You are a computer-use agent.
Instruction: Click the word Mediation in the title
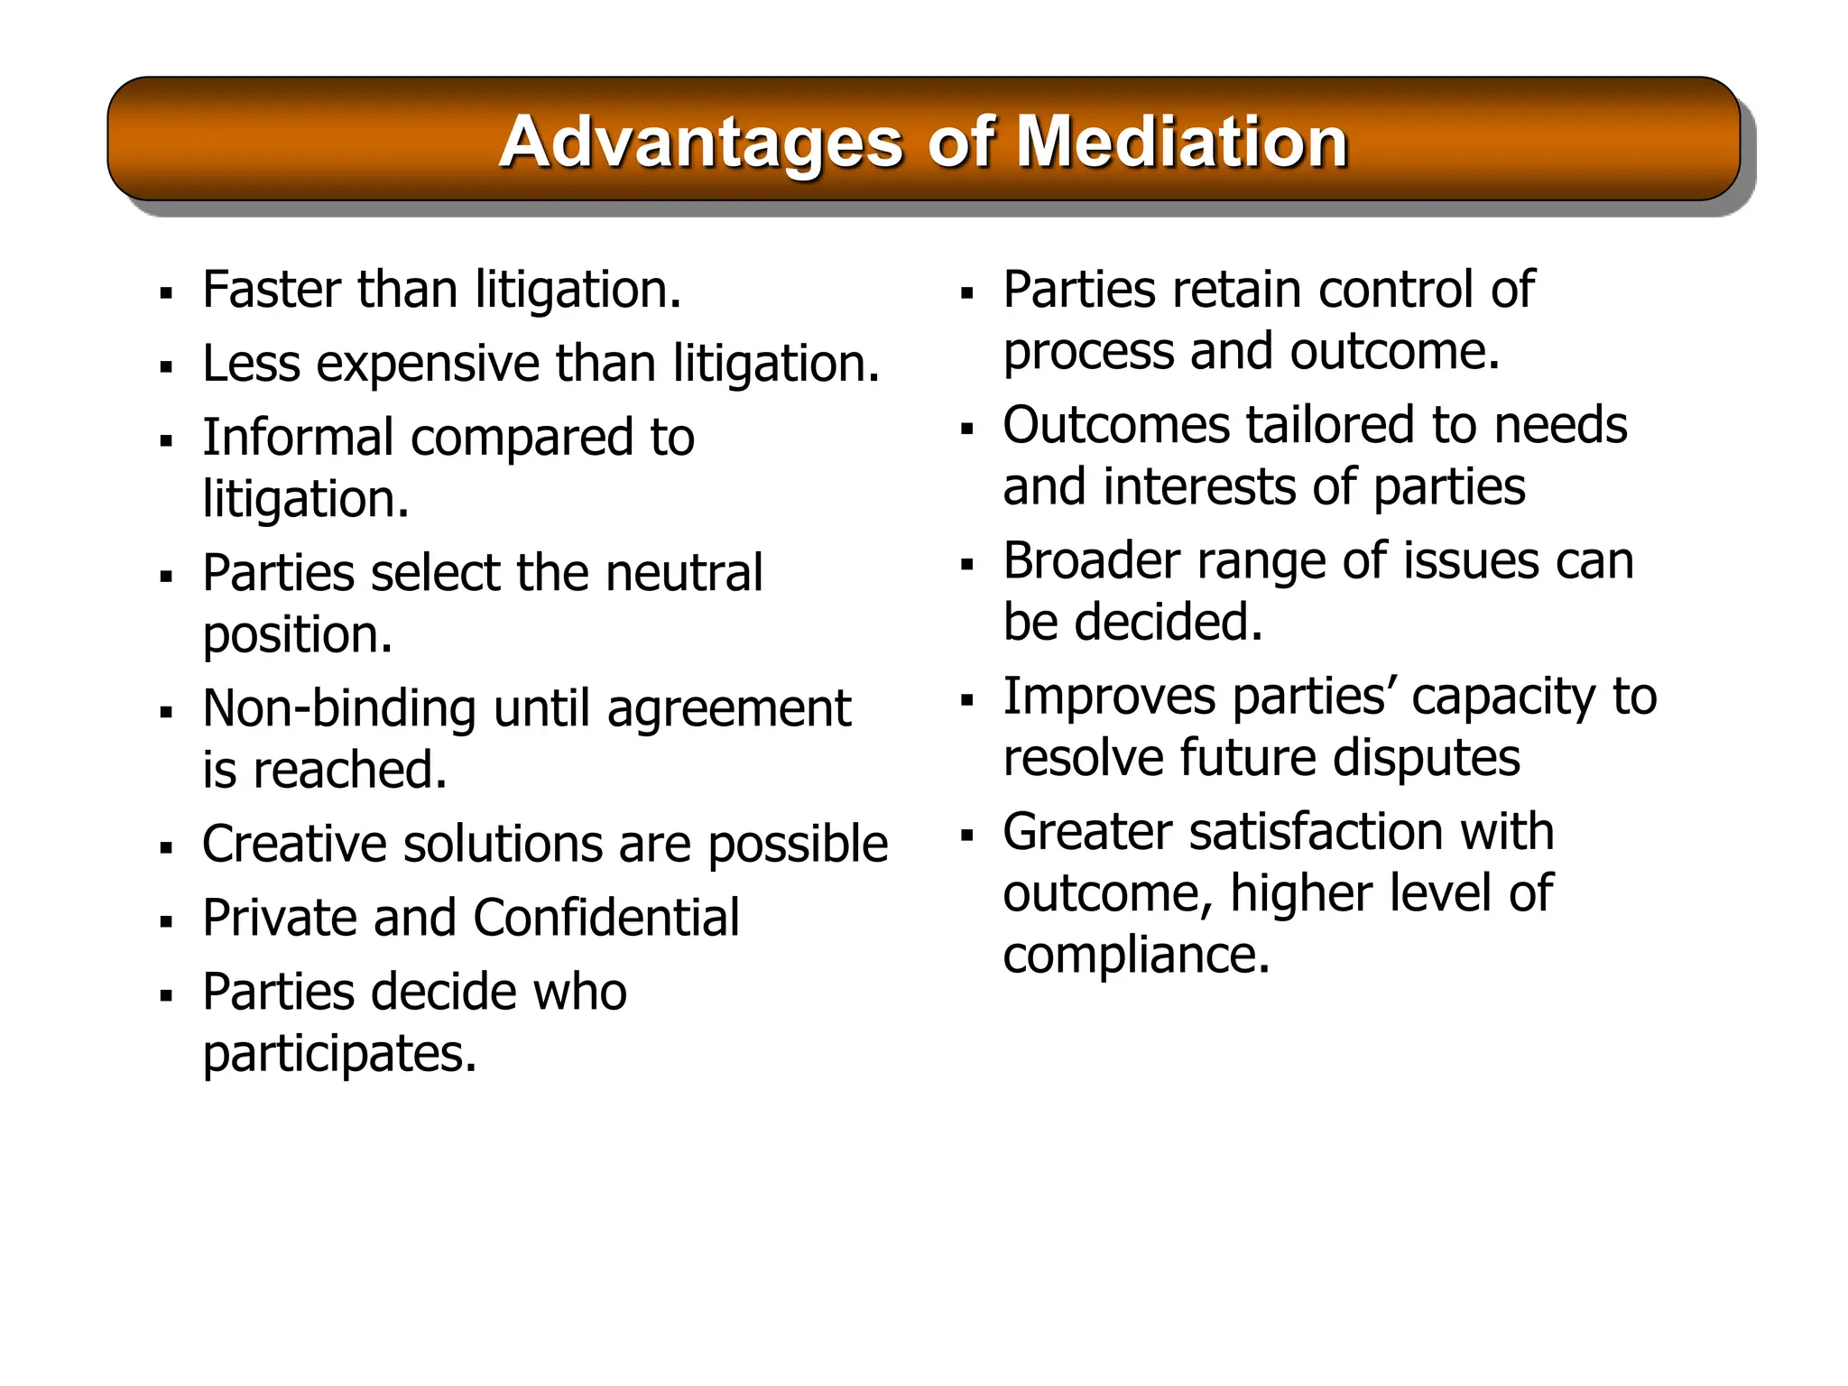pyautogui.click(x=1182, y=143)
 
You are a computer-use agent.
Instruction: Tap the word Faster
pyautogui.click(x=273, y=291)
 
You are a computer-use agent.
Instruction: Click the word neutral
pyautogui.click(x=684, y=573)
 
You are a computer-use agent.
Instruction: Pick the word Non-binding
pyautogui.click(x=338, y=708)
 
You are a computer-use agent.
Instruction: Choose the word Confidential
pyautogui.click(x=605, y=919)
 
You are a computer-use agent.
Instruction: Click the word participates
pyautogui.click(x=338, y=1054)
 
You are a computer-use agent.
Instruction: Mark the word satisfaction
pyautogui.click(x=1317, y=832)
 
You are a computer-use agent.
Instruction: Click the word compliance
pyautogui.click(x=1136, y=956)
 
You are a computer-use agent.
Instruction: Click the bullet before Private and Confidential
pyautogui.click(x=166, y=922)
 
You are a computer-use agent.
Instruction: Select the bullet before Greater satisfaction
pyautogui.click(x=967, y=836)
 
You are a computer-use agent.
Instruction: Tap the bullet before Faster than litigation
pyautogui.click(x=166, y=294)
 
